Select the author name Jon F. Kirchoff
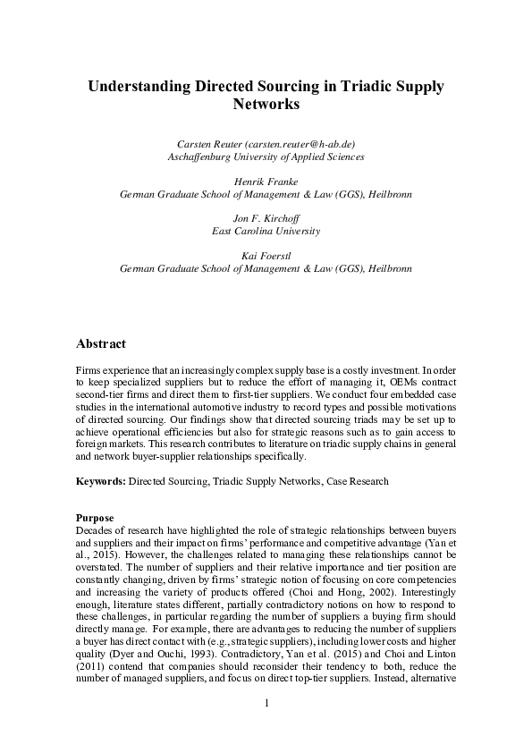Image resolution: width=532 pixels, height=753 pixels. (266, 217)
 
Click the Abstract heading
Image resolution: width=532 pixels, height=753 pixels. (101, 344)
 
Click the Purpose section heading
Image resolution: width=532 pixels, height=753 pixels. (95, 518)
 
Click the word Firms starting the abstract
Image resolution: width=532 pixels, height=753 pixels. (90, 368)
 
